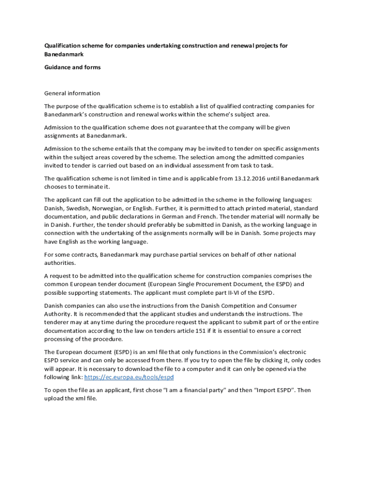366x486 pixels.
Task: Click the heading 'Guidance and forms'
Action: pos(72,67)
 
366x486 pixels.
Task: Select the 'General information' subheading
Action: pos(72,93)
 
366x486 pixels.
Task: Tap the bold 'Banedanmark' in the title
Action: pos(64,55)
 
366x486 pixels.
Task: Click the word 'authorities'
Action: pos(59,263)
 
